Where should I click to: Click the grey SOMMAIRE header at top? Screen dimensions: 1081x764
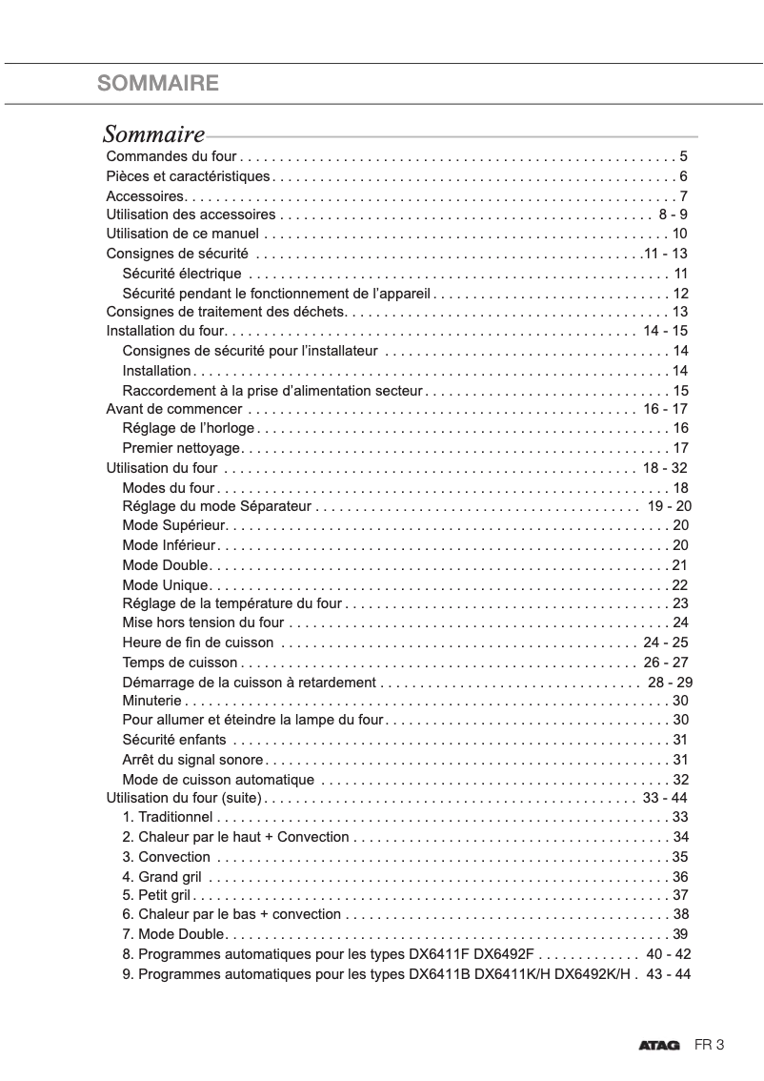pyautogui.click(x=158, y=84)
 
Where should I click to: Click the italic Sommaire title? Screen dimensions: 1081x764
pyautogui.click(x=153, y=134)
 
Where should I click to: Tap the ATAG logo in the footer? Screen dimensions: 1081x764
pyautogui.click(x=659, y=1046)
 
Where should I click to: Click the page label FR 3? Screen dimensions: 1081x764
pyautogui.click(x=710, y=1045)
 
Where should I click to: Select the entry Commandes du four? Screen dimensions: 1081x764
pyautogui.click(x=171, y=156)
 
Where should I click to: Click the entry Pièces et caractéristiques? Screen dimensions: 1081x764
pyautogui.click(x=189, y=176)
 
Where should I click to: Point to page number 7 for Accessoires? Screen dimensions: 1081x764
pyautogui.click(x=684, y=195)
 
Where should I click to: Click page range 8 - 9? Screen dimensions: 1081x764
pyautogui.click(x=673, y=214)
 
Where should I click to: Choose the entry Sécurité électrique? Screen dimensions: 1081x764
pyautogui.click(x=182, y=274)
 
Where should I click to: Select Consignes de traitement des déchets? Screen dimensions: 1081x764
pyautogui.click(x=225, y=312)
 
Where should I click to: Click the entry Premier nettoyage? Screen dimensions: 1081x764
pyautogui.click(x=182, y=448)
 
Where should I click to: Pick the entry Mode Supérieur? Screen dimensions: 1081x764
pyautogui.click(x=173, y=525)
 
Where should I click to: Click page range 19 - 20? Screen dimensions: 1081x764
pyautogui.click(x=670, y=506)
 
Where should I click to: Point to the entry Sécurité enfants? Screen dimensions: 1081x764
pyautogui.click(x=174, y=740)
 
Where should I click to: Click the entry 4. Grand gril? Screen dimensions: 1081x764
pyautogui.click(x=162, y=876)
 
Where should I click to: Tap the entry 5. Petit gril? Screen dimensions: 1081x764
pyautogui.click(x=157, y=895)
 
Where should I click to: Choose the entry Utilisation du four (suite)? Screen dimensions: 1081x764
pyautogui.click(x=183, y=798)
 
